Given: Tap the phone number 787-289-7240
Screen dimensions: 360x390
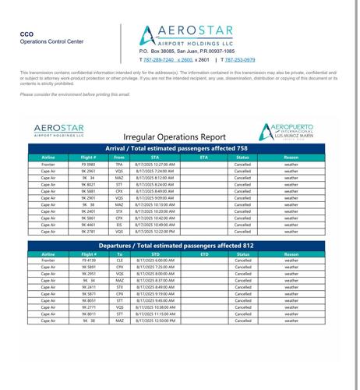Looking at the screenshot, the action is coord(158,59).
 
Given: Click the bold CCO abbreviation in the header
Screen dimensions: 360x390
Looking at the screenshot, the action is coord(26,35).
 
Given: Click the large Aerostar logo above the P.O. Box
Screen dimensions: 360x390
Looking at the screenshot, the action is coord(187,35).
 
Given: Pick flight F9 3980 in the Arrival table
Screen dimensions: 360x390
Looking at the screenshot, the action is coord(88,165).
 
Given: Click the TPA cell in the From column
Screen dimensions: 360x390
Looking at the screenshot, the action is coord(119,165).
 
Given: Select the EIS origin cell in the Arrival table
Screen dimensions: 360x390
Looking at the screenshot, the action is coord(119,225).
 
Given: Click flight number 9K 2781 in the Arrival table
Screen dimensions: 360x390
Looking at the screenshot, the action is coord(88,232).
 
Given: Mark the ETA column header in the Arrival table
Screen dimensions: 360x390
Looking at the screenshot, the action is coord(204,157).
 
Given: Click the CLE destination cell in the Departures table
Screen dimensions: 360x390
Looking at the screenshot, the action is coord(119,261).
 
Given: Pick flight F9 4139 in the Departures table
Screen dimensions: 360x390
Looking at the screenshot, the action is coord(88,261).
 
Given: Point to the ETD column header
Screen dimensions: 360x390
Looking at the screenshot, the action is coord(204,253).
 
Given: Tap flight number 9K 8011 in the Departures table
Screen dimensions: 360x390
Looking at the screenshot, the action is coord(88,314).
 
